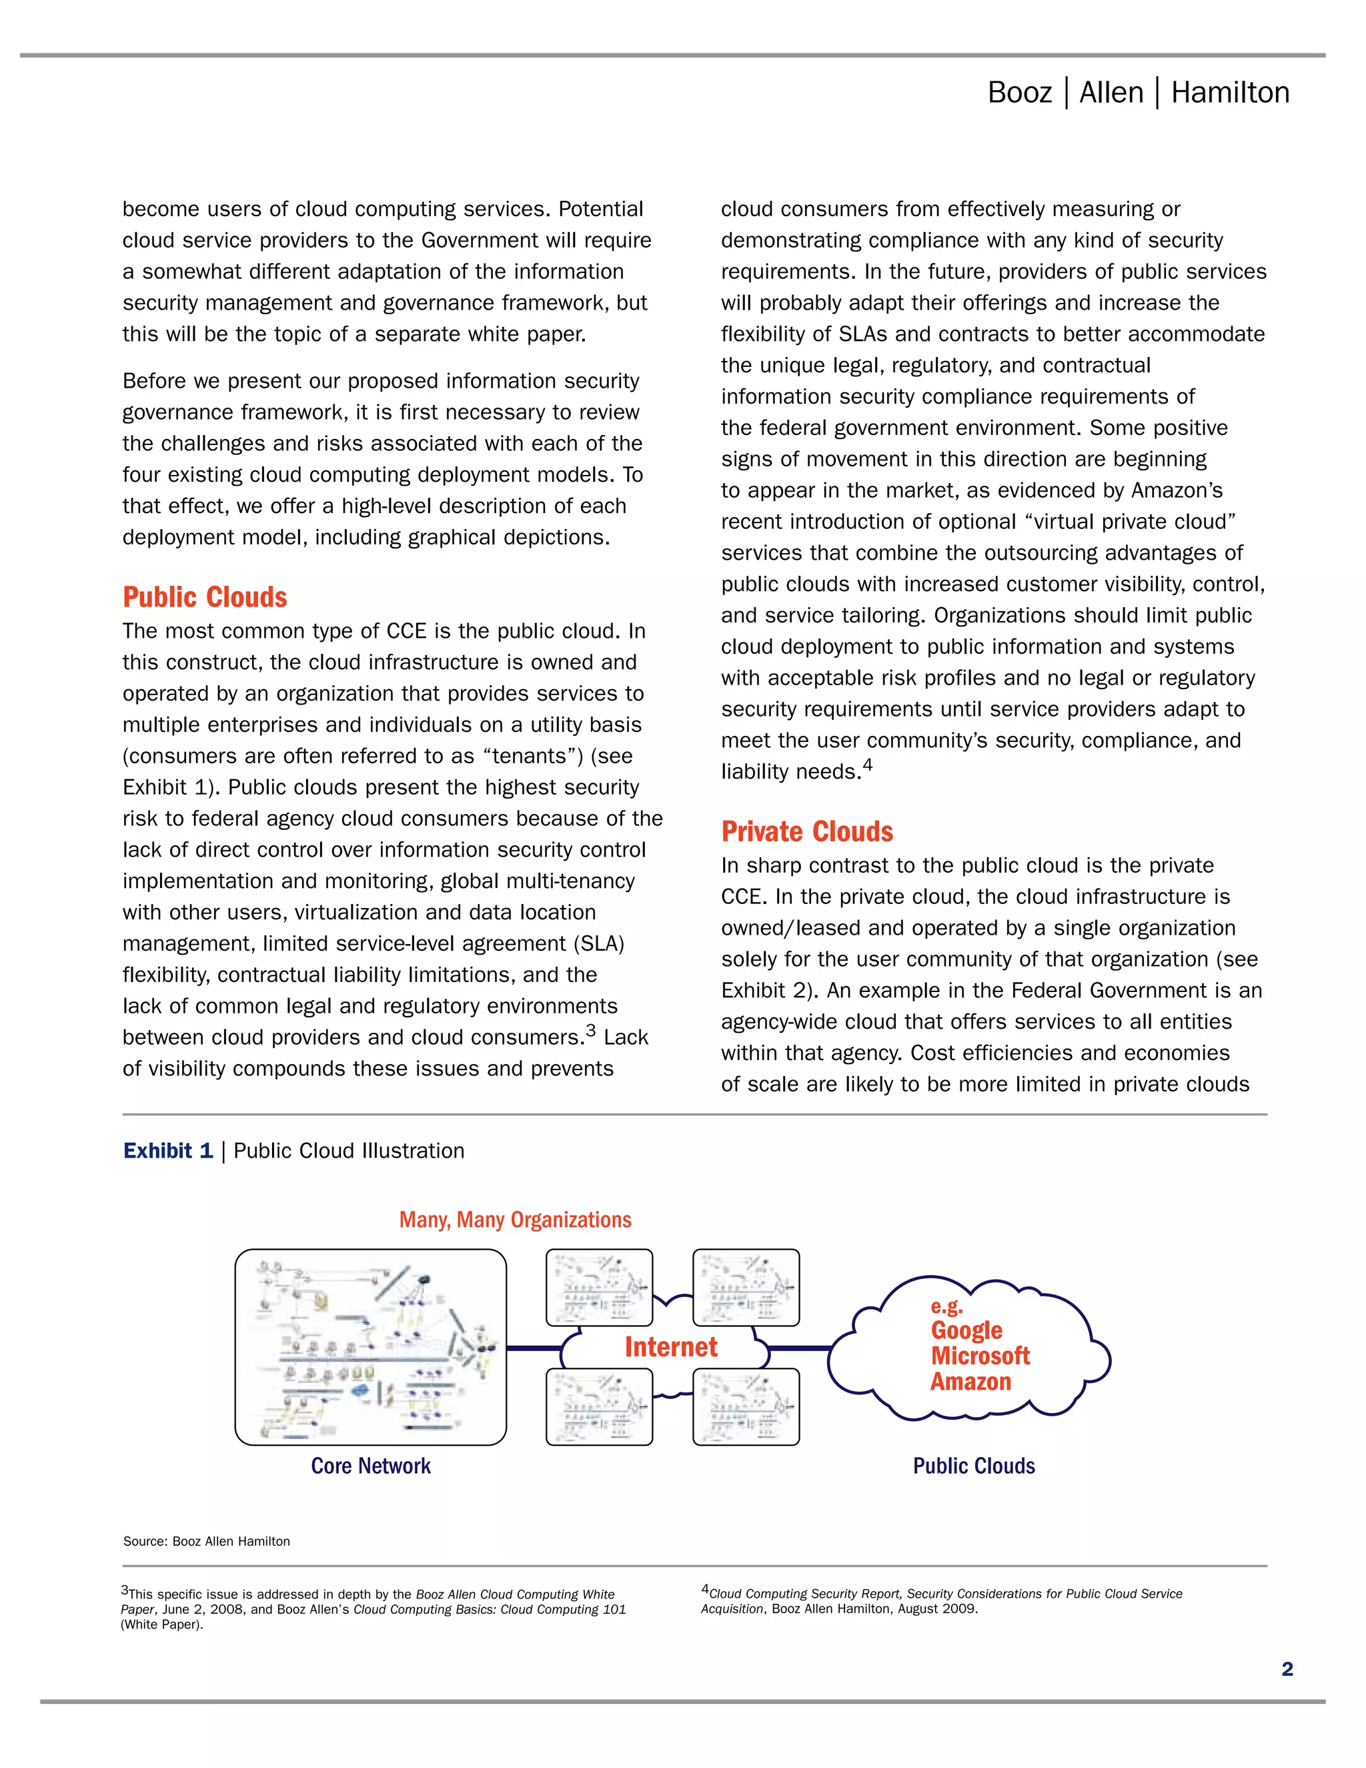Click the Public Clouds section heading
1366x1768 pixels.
point(205,597)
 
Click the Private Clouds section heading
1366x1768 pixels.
point(807,831)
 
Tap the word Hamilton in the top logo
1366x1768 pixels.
point(1230,93)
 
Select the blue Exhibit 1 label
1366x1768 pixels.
point(168,1150)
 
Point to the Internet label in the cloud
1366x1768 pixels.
point(671,1346)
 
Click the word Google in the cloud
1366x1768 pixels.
point(966,1330)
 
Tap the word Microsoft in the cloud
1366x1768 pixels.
point(980,1356)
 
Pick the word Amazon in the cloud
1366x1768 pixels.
point(970,1381)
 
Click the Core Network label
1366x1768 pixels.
point(371,1466)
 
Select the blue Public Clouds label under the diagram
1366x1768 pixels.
point(974,1466)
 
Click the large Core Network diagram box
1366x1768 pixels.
point(371,1347)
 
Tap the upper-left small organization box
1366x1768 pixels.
point(599,1287)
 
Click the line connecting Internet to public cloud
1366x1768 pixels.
point(800,1348)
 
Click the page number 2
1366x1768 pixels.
point(1287,1669)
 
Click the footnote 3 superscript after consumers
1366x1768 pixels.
point(591,1031)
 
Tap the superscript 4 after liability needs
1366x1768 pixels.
point(868,764)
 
